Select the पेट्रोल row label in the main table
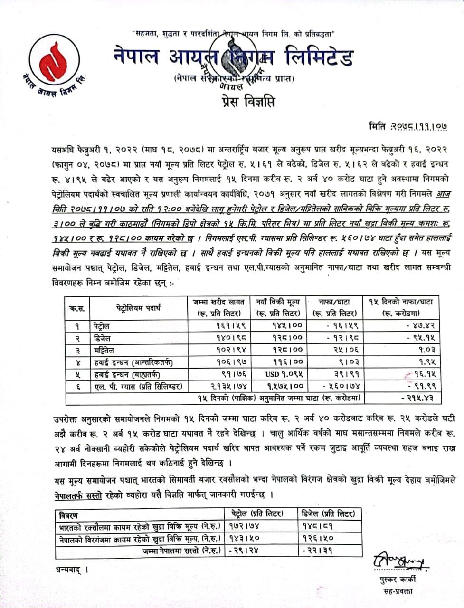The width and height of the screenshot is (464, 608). pos(101,326)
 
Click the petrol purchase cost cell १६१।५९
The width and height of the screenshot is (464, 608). pos(230,326)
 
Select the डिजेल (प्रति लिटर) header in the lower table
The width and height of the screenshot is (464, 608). pos(328,513)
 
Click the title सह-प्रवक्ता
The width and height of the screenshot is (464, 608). pos(398,591)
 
